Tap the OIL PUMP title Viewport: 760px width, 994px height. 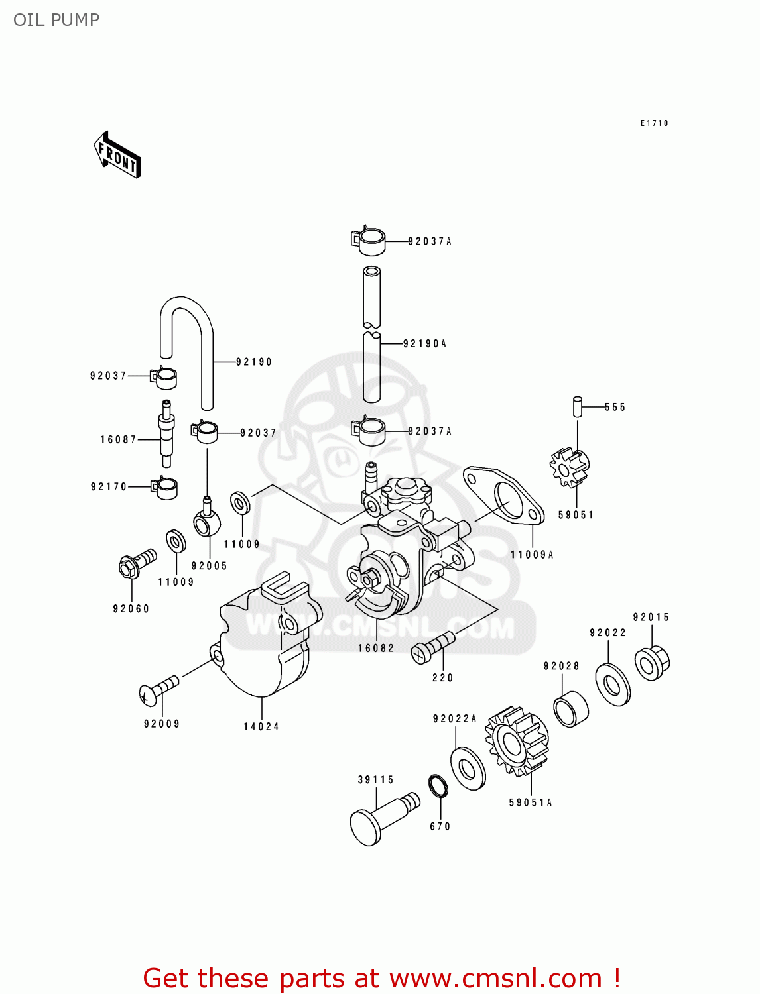coord(56,20)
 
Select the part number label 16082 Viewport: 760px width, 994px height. coord(376,648)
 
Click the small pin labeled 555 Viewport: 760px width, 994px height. coord(578,406)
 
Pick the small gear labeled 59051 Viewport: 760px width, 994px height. coord(570,467)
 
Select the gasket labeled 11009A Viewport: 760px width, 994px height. coord(504,494)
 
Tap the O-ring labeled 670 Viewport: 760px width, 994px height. coord(438,786)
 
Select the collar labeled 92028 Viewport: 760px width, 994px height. coord(571,708)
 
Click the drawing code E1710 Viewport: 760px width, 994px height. coord(654,123)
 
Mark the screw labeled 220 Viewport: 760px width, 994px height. coord(432,647)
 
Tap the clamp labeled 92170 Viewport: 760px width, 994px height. coord(164,488)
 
